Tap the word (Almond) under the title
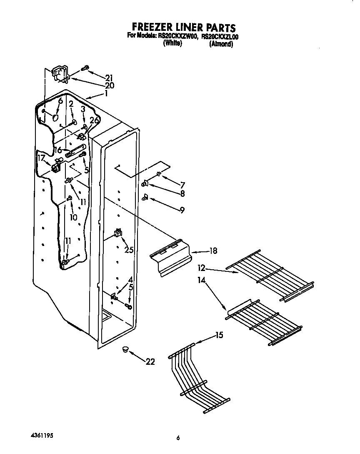coord(220,44)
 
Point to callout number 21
coord(109,78)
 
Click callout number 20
coord(110,85)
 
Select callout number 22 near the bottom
coord(150,362)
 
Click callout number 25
coord(129,250)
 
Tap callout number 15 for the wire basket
coord(219,335)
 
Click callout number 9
coord(182,210)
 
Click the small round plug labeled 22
coord(125,350)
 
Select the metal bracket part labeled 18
coord(170,259)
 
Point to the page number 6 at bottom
coord(178,438)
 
